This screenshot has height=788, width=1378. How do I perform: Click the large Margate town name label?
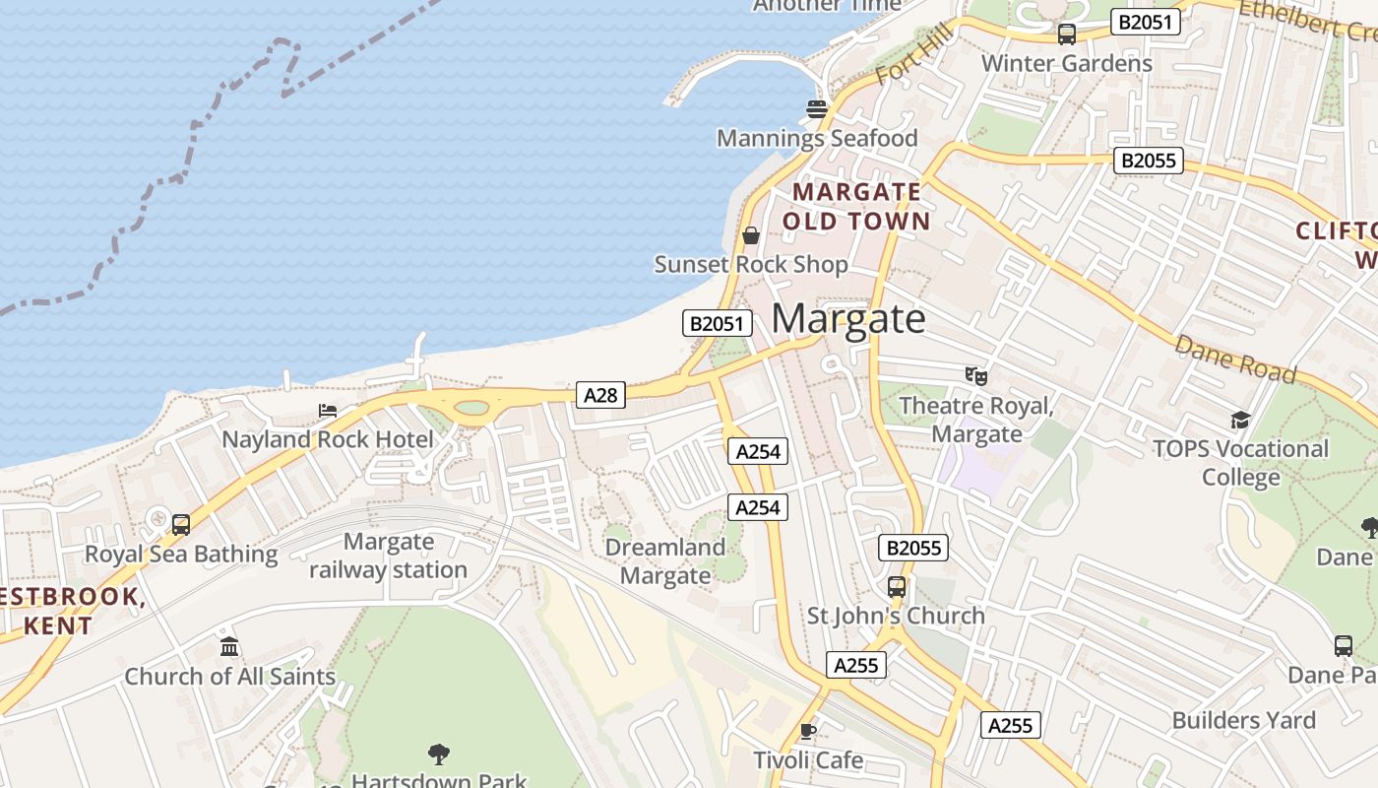coord(847,319)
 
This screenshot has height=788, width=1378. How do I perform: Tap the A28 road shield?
coord(600,395)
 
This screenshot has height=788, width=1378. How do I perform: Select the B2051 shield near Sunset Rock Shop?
coord(718,323)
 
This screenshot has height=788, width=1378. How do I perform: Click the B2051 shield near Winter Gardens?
coord(1146,22)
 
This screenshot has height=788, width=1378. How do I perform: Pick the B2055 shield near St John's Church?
coord(912,548)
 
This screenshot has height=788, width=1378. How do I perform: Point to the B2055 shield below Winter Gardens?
coord(1148,161)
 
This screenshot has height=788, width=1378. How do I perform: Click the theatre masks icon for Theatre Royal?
coord(975,375)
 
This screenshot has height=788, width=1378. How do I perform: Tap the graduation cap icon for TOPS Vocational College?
coord(1240,421)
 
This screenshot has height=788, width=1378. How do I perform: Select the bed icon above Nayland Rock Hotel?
coord(328,411)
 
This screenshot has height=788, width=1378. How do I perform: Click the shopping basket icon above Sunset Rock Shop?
coord(751,235)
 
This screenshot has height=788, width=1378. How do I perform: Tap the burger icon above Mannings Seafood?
coord(816,109)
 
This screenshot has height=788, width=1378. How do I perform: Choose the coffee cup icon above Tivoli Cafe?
coord(808,731)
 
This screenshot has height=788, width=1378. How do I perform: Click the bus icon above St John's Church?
coord(896,587)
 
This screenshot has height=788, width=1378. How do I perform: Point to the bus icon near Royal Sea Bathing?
coord(181,525)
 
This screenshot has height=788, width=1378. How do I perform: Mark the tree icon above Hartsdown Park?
coord(439,755)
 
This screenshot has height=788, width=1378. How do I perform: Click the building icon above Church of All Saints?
coord(229,647)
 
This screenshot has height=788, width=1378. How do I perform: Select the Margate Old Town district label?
coord(856,206)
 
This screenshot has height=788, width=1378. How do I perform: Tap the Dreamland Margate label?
coord(664,561)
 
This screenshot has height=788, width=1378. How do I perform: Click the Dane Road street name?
coord(1235,360)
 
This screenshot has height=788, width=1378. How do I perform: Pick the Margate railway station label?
coord(389,556)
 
